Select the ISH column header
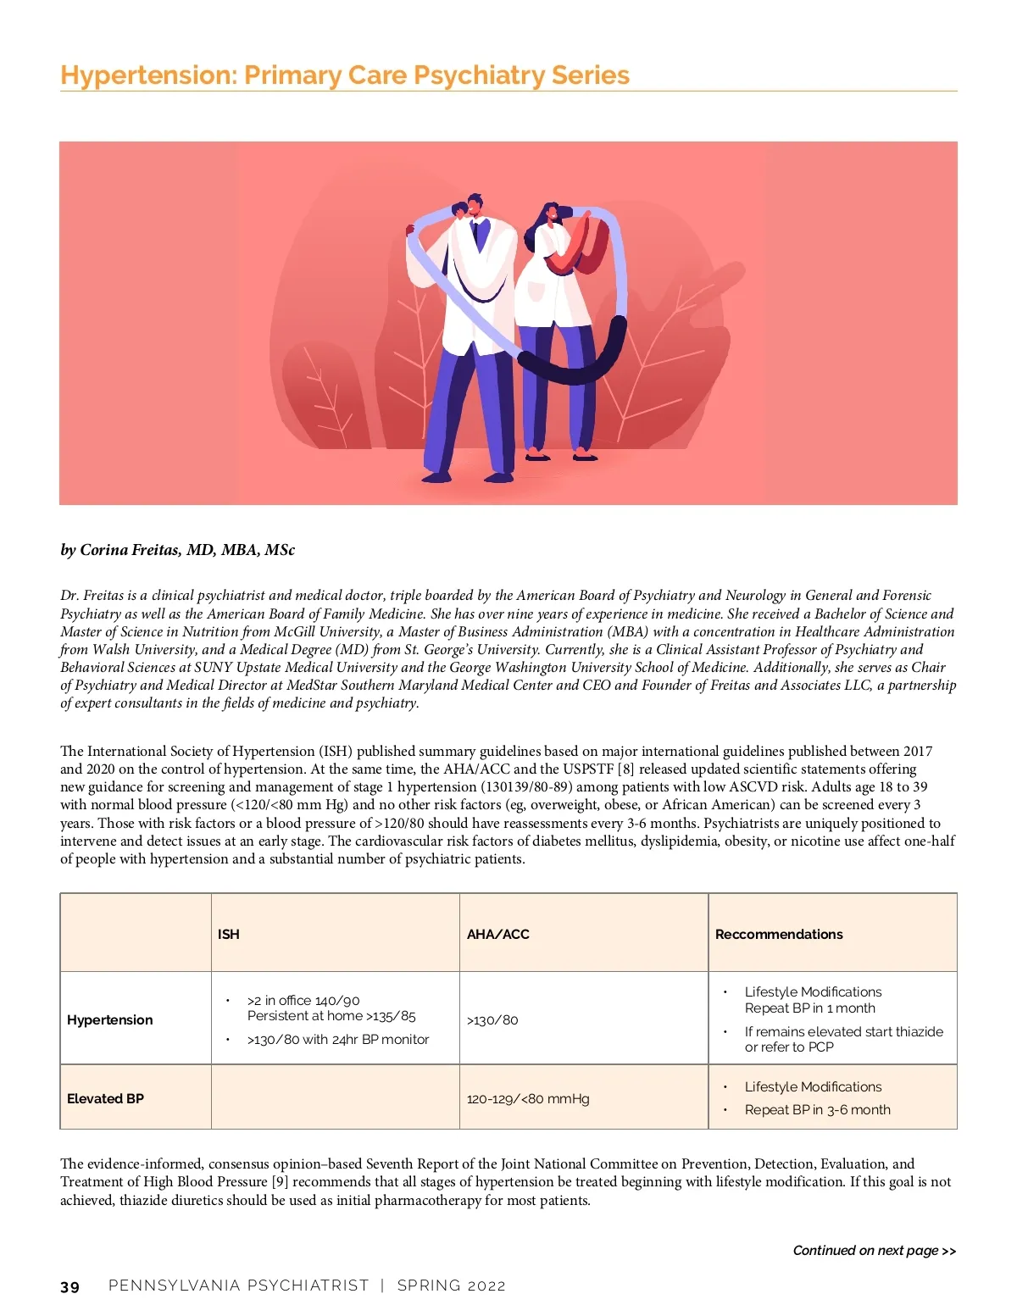click(x=228, y=934)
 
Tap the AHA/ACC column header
click(x=497, y=934)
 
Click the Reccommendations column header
click(x=779, y=934)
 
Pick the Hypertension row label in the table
click(x=110, y=1019)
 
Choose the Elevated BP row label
click(x=105, y=1098)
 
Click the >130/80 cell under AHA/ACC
click(x=492, y=1019)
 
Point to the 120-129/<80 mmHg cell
click(x=528, y=1098)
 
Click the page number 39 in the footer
click(x=69, y=1286)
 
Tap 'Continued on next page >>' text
click(x=874, y=1251)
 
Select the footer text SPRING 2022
click(x=451, y=1285)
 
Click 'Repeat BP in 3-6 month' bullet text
click(x=817, y=1109)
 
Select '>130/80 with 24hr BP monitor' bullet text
click(x=337, y=1039)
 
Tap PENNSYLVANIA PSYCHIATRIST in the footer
click(x=238, y=1285)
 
